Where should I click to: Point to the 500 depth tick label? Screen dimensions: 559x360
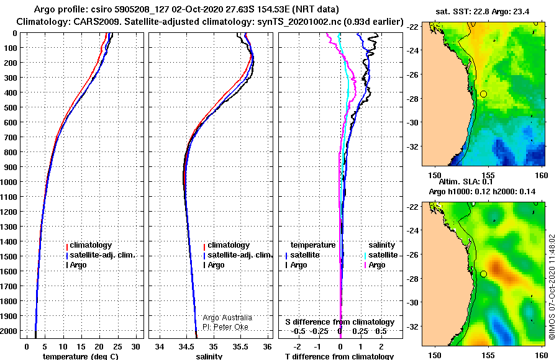(11, 107)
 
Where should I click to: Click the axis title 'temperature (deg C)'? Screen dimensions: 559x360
(81, 356)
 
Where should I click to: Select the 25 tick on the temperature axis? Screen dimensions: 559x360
(117, 347)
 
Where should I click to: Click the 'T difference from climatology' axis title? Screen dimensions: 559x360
(339, 356)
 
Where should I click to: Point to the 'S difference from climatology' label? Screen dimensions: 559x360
(340, 322)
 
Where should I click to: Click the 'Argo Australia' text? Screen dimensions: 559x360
(227, 318)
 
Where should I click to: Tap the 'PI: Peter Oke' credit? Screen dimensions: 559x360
(225, 327)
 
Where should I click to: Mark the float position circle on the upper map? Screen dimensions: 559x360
(483, 94)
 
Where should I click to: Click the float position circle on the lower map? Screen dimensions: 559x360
(483, 274)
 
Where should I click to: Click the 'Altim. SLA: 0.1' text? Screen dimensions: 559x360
(466, 181)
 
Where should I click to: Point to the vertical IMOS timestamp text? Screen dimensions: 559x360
(552, 287)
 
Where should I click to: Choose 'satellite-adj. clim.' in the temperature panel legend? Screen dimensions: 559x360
(102, 255)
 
